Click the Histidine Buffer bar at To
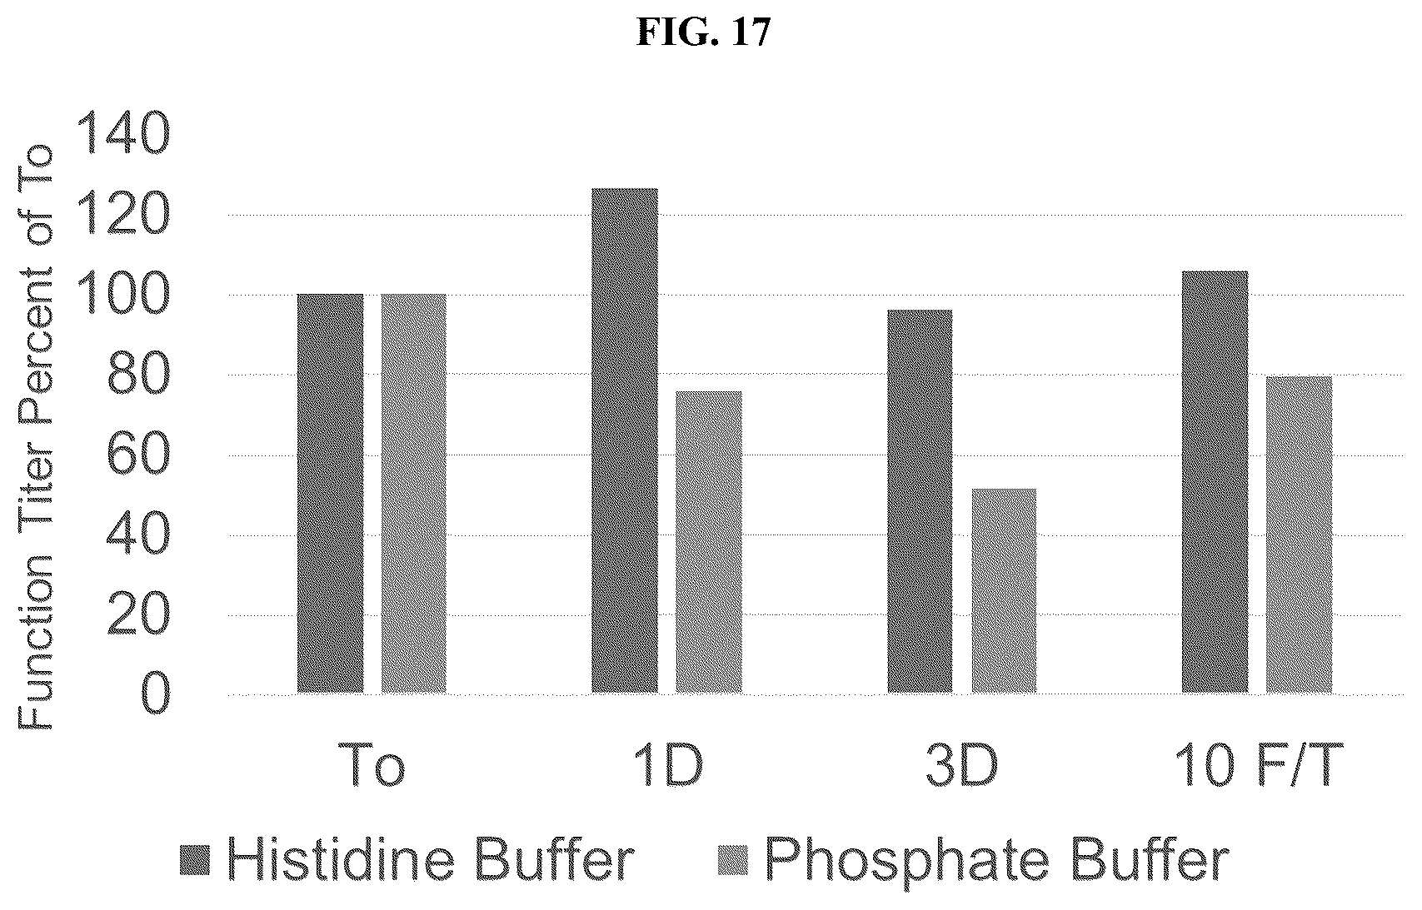coord(330,493)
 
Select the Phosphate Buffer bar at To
coord(413,493)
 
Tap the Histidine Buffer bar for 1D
coord(625,440)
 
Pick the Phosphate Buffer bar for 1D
coord(708,542)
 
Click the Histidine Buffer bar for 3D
coord(920,501)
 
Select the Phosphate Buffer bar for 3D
coord(1004,590)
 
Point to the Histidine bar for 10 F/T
coord(1215,482)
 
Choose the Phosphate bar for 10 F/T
coord(1299,535)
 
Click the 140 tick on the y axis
coord(123,133)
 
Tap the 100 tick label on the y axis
coord(123,294)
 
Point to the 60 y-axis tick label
coord(138,454)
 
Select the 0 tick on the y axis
coord(154,694)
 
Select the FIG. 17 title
coord(703,32)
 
